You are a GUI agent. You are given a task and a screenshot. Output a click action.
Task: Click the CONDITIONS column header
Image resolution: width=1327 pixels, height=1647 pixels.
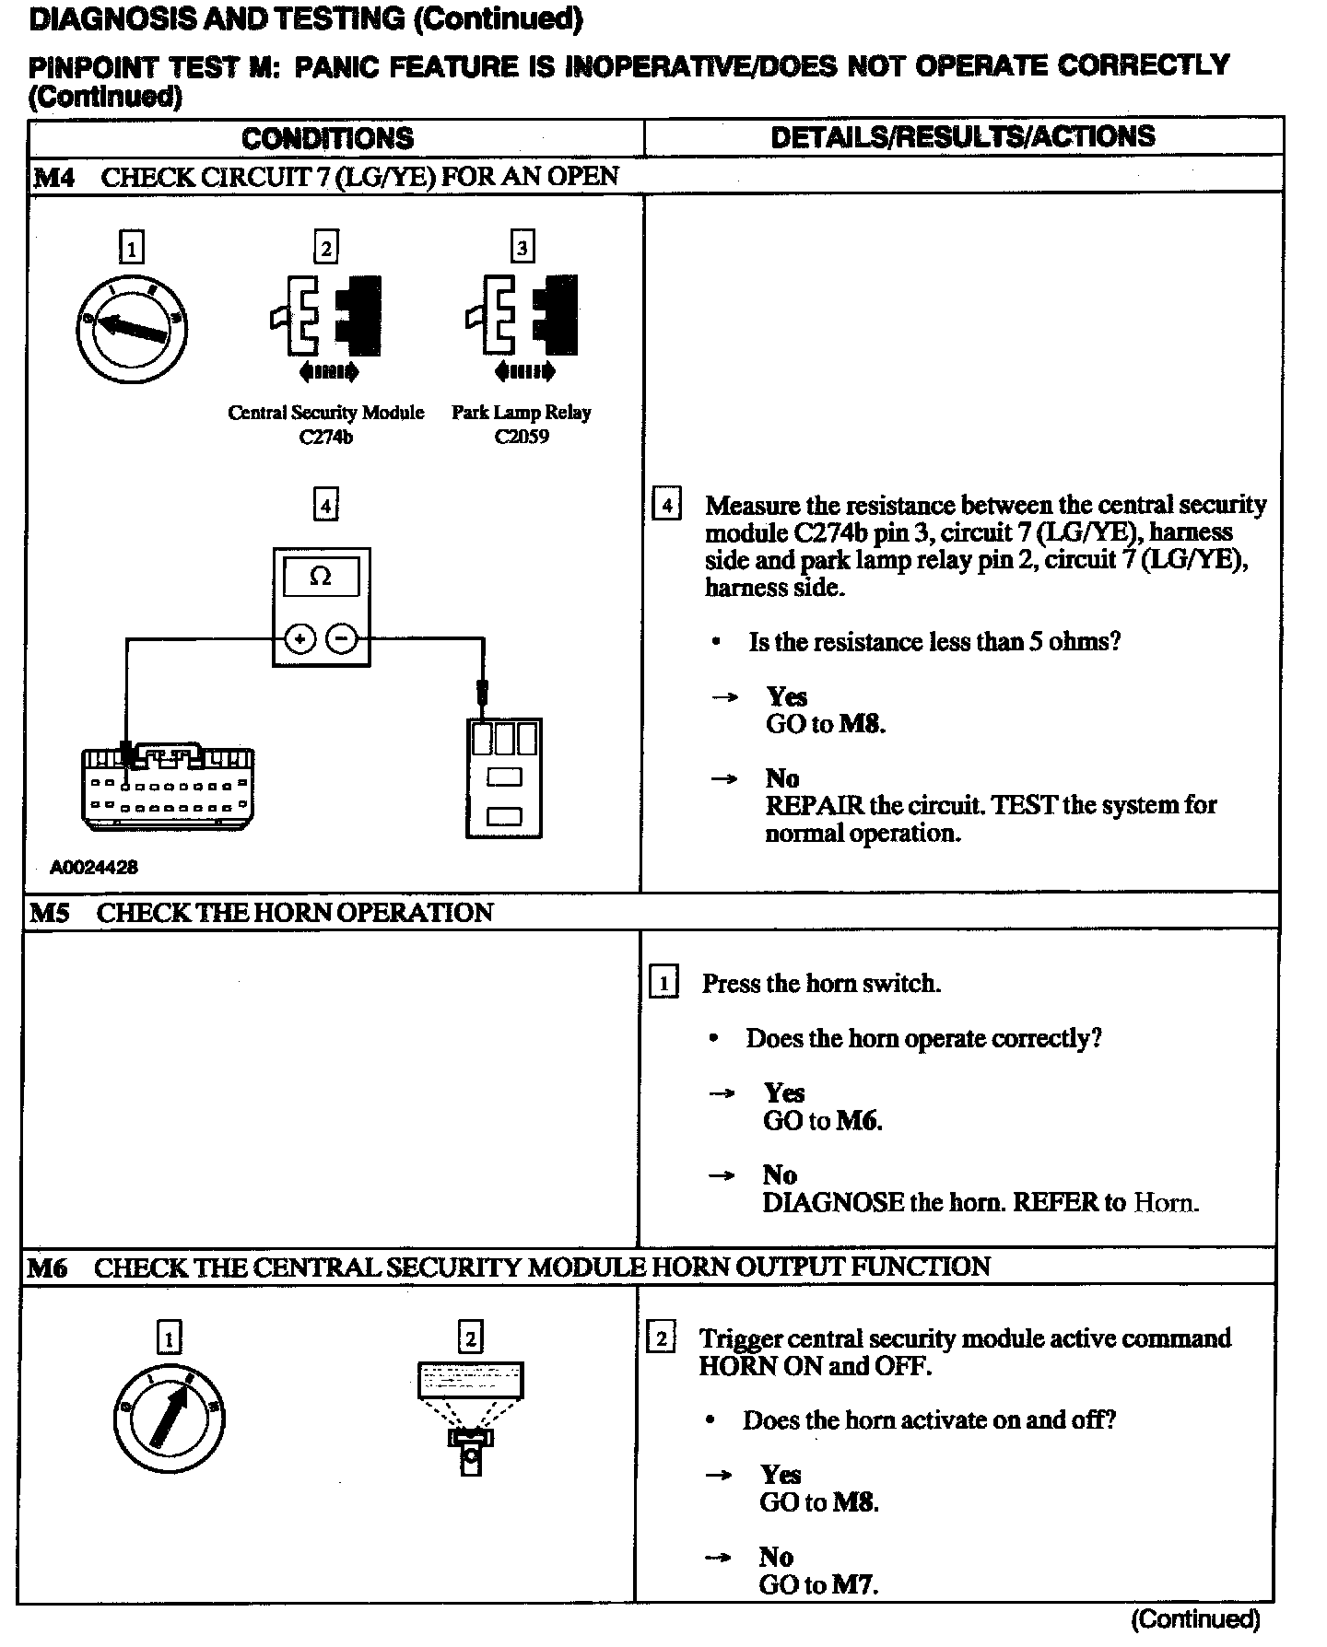tap(327, 138)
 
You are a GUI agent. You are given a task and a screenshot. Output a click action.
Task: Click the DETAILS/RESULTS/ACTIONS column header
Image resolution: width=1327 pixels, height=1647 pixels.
tap(962, 137)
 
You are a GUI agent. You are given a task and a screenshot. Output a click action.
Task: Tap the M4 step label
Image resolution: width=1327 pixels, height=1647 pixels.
tap(54, 177)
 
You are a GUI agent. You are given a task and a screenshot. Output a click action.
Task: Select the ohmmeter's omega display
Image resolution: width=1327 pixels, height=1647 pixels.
tap(321, 578)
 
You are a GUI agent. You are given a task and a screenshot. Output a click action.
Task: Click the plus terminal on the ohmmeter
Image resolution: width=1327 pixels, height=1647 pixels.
tap(300, 638)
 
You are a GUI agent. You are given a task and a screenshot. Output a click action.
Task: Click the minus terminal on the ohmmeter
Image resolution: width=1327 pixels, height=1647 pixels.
tap(342, 638)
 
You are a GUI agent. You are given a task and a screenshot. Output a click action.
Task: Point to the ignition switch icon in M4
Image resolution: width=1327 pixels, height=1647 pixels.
tap(132, 329)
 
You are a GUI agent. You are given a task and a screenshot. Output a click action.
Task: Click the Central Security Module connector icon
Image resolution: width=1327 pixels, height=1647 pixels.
tap(326, 315)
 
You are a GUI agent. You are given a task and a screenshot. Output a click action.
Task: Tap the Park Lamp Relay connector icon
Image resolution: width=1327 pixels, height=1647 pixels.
tap(523, 315)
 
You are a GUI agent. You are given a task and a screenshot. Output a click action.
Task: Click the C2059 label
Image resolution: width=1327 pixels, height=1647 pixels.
tap(522, 437)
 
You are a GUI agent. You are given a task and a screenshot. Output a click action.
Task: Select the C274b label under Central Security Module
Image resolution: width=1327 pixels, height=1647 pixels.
tap(325, 437)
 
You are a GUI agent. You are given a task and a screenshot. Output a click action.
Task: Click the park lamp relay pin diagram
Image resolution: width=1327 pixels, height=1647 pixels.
tap(503, 777)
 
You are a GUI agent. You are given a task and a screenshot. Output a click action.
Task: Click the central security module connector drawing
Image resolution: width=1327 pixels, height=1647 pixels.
tap(168, 784)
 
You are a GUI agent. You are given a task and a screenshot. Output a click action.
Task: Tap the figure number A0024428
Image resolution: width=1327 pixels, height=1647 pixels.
tap(94, 867)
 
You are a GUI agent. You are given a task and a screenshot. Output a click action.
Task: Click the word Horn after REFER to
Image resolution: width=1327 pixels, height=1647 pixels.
tap(1166, 1203)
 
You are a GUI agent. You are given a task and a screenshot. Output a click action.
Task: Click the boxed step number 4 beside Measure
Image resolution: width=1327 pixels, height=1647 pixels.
tap(666, 505)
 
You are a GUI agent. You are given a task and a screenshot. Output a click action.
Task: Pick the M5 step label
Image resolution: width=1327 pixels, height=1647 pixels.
tap(50, 913)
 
